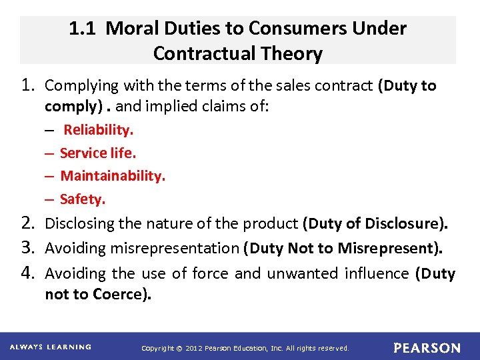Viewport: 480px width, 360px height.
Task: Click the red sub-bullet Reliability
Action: click(x=99, y=130)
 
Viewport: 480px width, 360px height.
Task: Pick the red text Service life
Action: click(x=98, y=153)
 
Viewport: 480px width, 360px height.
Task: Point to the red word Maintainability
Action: click(x=113, y=176)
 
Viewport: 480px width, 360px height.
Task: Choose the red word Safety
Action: click(x=83, y=199)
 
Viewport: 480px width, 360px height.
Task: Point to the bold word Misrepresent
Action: click(x=388, y=249)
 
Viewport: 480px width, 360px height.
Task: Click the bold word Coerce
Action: click(x=126, y=295)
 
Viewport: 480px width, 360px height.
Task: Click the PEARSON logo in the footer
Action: click(x=427, y=348)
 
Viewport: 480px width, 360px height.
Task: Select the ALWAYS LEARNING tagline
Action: click(x=50, y=347)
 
